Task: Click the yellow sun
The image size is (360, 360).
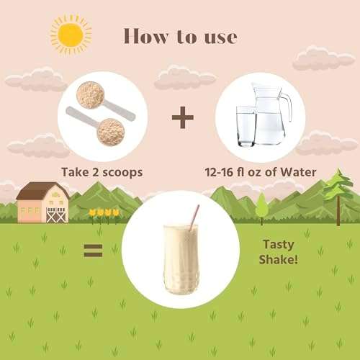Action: point(71,35)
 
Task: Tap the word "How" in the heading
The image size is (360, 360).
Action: point(145,37)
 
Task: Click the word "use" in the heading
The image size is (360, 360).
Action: point(221,38)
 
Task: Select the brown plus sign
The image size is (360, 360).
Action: point(183,117)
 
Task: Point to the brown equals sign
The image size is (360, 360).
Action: point(93,251)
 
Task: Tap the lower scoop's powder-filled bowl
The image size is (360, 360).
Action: point(111,132)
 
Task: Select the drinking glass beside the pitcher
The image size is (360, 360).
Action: point(246,127)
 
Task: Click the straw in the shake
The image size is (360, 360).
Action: point(194,218)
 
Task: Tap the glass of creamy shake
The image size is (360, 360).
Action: point(181,259)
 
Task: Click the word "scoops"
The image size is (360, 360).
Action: point(122,173)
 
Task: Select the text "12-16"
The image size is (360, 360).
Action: point(219,172)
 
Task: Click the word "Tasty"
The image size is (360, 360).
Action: point(279,245)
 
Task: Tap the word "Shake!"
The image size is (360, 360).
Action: point(279,260)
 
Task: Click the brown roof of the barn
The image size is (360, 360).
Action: point(41,190)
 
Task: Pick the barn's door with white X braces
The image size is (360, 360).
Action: point(56,215)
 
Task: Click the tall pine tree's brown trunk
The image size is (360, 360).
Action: point(338,210)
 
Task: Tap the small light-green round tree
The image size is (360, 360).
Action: point(261,206)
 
